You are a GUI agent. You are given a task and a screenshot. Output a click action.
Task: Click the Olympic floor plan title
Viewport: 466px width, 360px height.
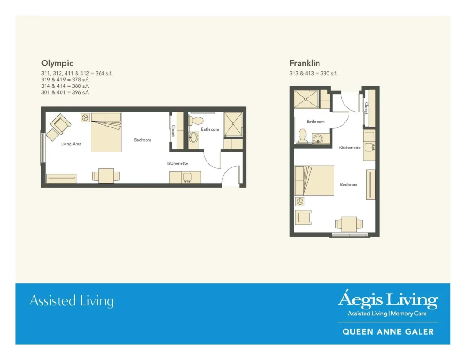(x=57, y=63)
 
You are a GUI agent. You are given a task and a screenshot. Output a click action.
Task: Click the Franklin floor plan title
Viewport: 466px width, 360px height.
(x=305, y=63)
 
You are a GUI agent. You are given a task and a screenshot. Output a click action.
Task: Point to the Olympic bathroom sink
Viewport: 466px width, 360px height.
(x=193, y=138)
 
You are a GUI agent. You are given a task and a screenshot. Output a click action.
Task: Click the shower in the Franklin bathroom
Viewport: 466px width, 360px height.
(x=306, y=99)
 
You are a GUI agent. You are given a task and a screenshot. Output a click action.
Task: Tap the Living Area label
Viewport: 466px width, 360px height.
(x=71, y=144)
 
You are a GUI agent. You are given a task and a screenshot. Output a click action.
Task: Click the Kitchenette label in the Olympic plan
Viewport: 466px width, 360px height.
(x=177, y=163)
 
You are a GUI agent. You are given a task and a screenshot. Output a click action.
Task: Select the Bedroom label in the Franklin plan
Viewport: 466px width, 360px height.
(x=349, y=185)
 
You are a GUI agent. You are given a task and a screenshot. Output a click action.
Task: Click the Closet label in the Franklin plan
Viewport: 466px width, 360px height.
(x=366, y=108)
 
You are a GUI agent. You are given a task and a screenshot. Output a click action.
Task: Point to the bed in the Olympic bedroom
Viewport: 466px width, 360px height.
(x=106, y=132)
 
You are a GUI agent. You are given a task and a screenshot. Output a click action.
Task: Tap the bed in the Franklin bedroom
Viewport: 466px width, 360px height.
(x=314, y=180)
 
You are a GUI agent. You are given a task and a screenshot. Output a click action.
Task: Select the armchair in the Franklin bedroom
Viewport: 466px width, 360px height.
(x=303, y=217)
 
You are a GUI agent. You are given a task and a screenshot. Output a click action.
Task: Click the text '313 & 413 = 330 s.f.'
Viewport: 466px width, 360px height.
(x=314, y=73)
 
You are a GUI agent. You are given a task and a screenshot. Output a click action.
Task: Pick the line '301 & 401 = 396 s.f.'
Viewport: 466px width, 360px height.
(x=65, y=92)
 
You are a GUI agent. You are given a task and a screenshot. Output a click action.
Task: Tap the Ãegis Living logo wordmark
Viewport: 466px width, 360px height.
(x=387, y=300)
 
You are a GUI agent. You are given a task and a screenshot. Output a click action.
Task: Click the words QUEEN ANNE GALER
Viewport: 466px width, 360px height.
(x=388, y=332)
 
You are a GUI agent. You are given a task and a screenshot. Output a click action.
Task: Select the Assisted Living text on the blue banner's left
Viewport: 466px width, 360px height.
(x=71, y=301)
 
